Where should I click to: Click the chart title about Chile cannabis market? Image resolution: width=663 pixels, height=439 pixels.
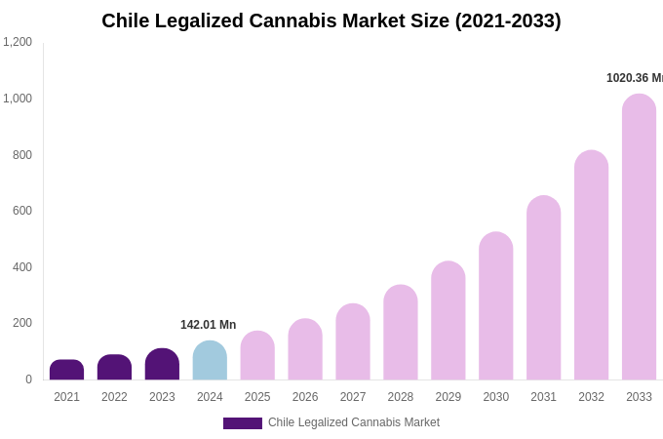(x=331, y=20)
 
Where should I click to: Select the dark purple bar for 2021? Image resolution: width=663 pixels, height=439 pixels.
(x=66, y=371)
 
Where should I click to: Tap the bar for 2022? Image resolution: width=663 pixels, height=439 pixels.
(x=114, y=368)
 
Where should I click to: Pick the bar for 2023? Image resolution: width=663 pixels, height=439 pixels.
(x=162, y=365)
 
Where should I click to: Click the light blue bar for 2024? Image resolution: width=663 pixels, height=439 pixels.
(x=210, y=361)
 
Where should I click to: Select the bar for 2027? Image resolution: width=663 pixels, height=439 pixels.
(x=353, y=342)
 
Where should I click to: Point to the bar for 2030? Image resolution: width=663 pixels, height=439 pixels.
(x=495, y=306)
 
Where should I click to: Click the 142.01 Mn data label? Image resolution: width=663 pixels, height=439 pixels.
(x=208, y=325)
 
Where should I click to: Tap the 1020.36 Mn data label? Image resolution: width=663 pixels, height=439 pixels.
(x=634, y=78)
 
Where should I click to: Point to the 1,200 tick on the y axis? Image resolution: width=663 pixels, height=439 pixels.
(x=18, y=42)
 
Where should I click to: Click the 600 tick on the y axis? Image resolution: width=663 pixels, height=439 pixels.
(x=22, y=211)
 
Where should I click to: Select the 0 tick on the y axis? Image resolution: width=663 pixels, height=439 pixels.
(x=28, y=379)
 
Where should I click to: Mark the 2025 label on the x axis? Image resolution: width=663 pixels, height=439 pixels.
(x=257, y=397)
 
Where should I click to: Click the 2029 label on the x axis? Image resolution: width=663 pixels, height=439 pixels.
(x=448, y=397)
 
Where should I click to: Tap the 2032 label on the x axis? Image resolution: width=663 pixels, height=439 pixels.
(x=591, y=397)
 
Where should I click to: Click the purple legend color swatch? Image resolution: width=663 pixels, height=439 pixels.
(x=242, y=423)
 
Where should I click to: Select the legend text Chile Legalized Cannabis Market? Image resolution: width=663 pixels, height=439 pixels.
(x=354, y=422)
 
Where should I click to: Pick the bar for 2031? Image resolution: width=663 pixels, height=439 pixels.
(x=543, y=288)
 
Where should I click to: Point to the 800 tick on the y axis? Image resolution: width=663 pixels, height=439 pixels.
(x=22, y=155)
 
